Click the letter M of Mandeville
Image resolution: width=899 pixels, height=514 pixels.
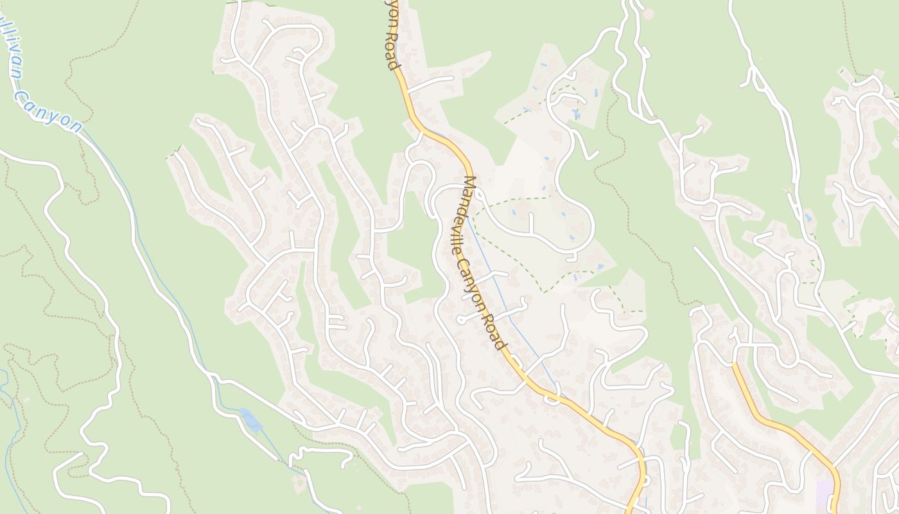pyautogui.click(x=470, y=183)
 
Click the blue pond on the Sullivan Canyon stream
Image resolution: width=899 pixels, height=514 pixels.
pyautogui.click(x=250, y=420)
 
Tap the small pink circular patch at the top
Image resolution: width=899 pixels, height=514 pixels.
pyautogui.click(x=648, y=13)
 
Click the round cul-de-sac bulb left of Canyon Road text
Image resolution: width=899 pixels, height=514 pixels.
pyautogui.click(x=460, y=319)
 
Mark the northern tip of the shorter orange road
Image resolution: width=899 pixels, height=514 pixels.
pyautogui.click(x=733, y=364)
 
